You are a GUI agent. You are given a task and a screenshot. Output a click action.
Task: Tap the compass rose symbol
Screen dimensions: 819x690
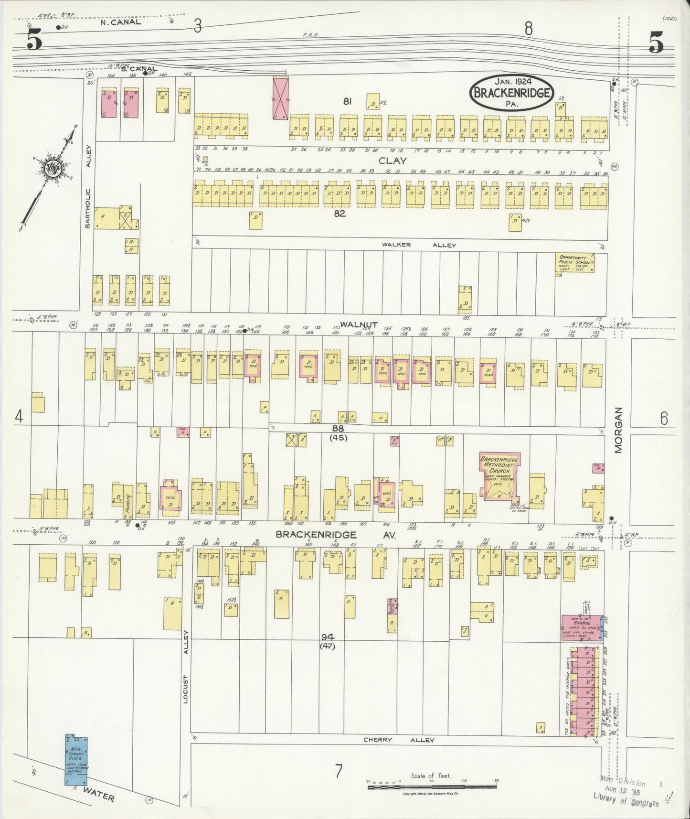pyautogui.click(x=50, y=168)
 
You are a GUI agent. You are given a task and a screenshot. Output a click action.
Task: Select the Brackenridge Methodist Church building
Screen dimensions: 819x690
pyautogui.click(x=499, y=476)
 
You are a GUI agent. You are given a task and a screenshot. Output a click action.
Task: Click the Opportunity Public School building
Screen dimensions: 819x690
pyautogui.click(x=576, y=263)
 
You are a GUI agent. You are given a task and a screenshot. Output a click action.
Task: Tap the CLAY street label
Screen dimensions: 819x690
pyautogui.click(x=392, y=161)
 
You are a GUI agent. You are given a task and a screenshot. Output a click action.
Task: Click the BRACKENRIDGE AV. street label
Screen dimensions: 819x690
pyautogui.click(x=336, y=535)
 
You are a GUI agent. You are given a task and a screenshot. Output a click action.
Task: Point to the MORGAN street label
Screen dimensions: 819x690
pyautogui.click(x=619, y=436)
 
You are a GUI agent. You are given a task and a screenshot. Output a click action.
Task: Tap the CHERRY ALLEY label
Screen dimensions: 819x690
pyautogui.click(x=399, y=740)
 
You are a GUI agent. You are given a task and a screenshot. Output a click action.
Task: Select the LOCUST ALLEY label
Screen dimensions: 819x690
pyautogui.click(x=187, y=667)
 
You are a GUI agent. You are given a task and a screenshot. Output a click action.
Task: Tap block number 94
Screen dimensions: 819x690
pyautogui.click(x=327, y=637)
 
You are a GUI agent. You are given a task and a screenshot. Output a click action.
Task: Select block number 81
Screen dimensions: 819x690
pyautogui.click(x=347, y=101)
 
